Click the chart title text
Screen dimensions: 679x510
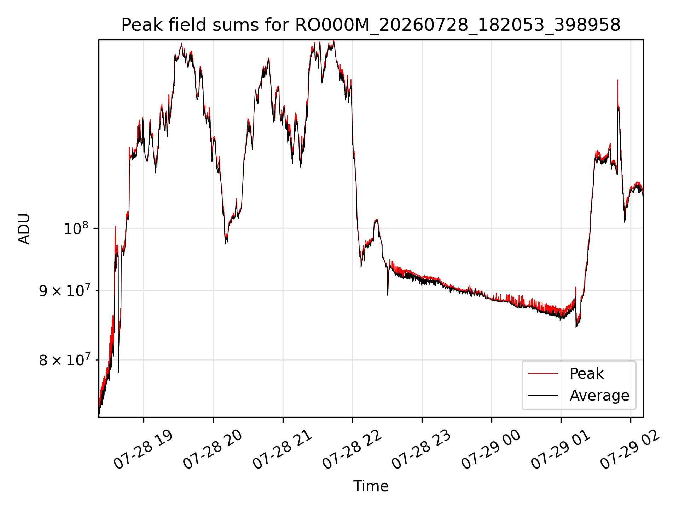coord(371,25)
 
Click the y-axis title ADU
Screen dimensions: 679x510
coord(24,229)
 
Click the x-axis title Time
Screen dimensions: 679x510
coord(371,486)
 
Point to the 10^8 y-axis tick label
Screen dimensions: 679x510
coord(76,228)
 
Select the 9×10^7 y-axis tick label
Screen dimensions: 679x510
coord(64,291)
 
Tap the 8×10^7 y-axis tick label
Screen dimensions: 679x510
coord(64,360)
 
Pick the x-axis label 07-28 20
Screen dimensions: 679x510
coord(213,450)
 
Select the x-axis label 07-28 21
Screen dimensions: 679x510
coord(282,450)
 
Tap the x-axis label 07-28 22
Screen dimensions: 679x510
coord(352,450)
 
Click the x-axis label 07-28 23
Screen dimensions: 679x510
coord(421,450)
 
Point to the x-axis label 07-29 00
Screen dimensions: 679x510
coord(491,450)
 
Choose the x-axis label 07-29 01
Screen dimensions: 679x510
coord(561,450)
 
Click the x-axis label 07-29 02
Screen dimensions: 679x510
coord(630,450)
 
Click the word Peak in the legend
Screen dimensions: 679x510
coord(586,374)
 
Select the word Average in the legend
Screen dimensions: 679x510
coord(599,396)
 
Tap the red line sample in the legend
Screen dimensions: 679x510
coord(543,374)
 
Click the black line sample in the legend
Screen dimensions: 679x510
coord(543,396)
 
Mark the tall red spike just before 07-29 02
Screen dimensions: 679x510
coord(617,92)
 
